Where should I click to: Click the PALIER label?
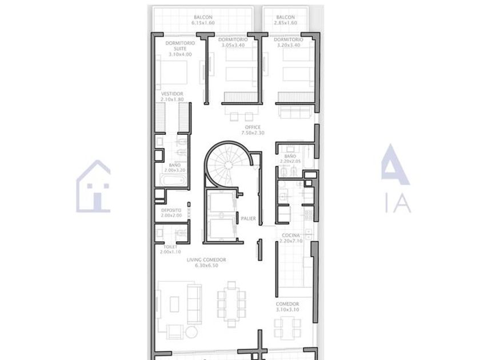[248, 218]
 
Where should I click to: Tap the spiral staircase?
[227, 165]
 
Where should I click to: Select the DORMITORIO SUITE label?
[180, 46]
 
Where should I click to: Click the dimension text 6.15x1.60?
[203, 23]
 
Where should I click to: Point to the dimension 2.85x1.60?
[285, 23]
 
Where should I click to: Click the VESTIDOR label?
[172, 94]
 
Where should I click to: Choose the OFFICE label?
[253, 127]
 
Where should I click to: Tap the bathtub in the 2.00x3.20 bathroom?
[173, 180]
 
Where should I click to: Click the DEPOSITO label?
[171, 210]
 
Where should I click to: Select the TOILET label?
[170, 247]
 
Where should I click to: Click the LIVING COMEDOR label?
[206, 260]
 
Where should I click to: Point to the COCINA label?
[291, 235]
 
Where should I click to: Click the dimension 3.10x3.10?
[287, 310]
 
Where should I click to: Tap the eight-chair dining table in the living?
[231, 305]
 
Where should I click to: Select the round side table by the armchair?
[191, 332]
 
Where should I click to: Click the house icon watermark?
[93, 186]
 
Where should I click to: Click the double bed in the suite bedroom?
[171, 72]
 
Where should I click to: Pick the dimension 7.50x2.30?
[253, 133]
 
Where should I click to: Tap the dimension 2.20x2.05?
[290, 161]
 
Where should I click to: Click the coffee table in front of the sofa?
[174, 303]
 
